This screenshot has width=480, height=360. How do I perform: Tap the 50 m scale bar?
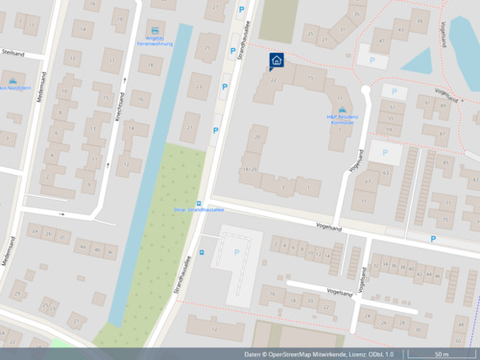[x=441, y=354]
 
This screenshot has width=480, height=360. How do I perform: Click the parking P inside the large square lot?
[x=237, y=252]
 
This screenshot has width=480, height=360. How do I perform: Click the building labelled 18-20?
[x=250, y=170]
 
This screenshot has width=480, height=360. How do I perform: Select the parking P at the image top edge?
[x=241, y=12]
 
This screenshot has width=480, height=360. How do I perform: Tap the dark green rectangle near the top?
[x=277, y=19]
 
